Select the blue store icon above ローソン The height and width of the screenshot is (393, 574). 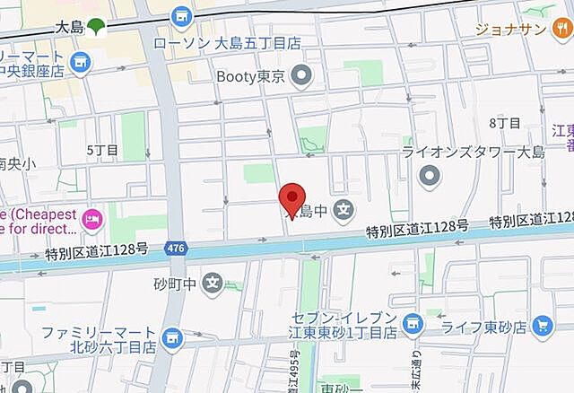[182, 15]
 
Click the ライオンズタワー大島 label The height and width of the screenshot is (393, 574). [473, 152]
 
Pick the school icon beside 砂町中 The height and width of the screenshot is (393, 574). [212, 284]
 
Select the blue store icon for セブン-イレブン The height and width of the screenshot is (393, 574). [413, 321]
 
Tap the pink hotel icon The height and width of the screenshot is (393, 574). [91, 218]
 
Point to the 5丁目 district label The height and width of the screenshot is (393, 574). [101, 150]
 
